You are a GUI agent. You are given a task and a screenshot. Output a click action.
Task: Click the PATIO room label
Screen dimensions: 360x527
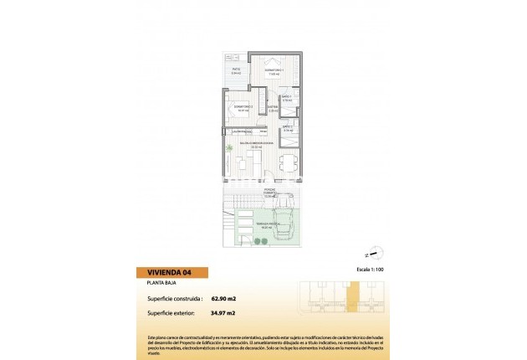click(237, 70)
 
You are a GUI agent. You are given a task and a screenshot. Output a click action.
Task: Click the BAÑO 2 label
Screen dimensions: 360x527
click(287, 128)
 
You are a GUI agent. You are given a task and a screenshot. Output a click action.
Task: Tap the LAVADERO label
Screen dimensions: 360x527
click(243, 131)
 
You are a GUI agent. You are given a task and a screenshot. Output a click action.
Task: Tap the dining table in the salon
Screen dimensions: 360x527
click(287, 162)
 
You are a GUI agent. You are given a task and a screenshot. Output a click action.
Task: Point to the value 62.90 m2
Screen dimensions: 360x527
click(224, 297)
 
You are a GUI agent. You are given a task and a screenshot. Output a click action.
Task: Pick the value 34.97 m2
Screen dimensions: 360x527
click(223, 313)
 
